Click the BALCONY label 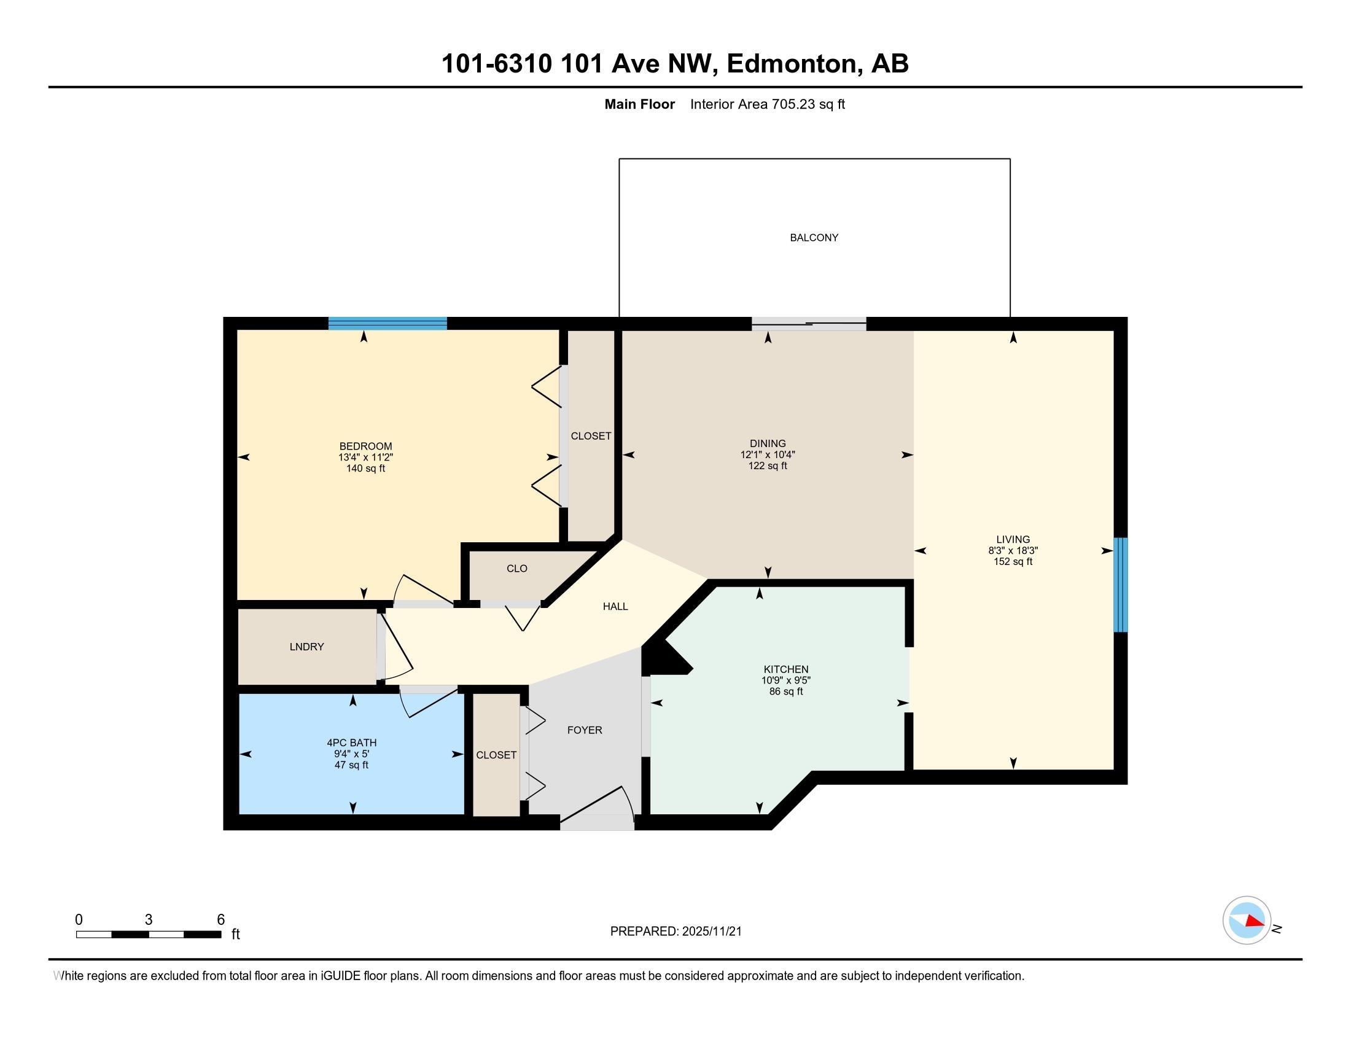tap(814, 238)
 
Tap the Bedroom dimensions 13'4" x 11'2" tap(365, 458)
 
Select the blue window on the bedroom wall tap(387, 323)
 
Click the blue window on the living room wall tap(1120, 585)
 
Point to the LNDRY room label tap(307, 647)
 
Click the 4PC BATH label tap(351, 743)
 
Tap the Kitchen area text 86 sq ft tap(785, 691)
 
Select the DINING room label tap(768, 443)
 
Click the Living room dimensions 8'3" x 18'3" tap(1013, 550)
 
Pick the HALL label tap(615, 607)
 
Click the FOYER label tap(585, 730)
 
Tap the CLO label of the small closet tap(517, 569)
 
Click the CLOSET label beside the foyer tap(496, 755)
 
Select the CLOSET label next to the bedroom tap(591, 436)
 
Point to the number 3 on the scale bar tap(149, 920)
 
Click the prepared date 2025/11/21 tap(711, 932)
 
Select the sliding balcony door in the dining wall tap(809, 324)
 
